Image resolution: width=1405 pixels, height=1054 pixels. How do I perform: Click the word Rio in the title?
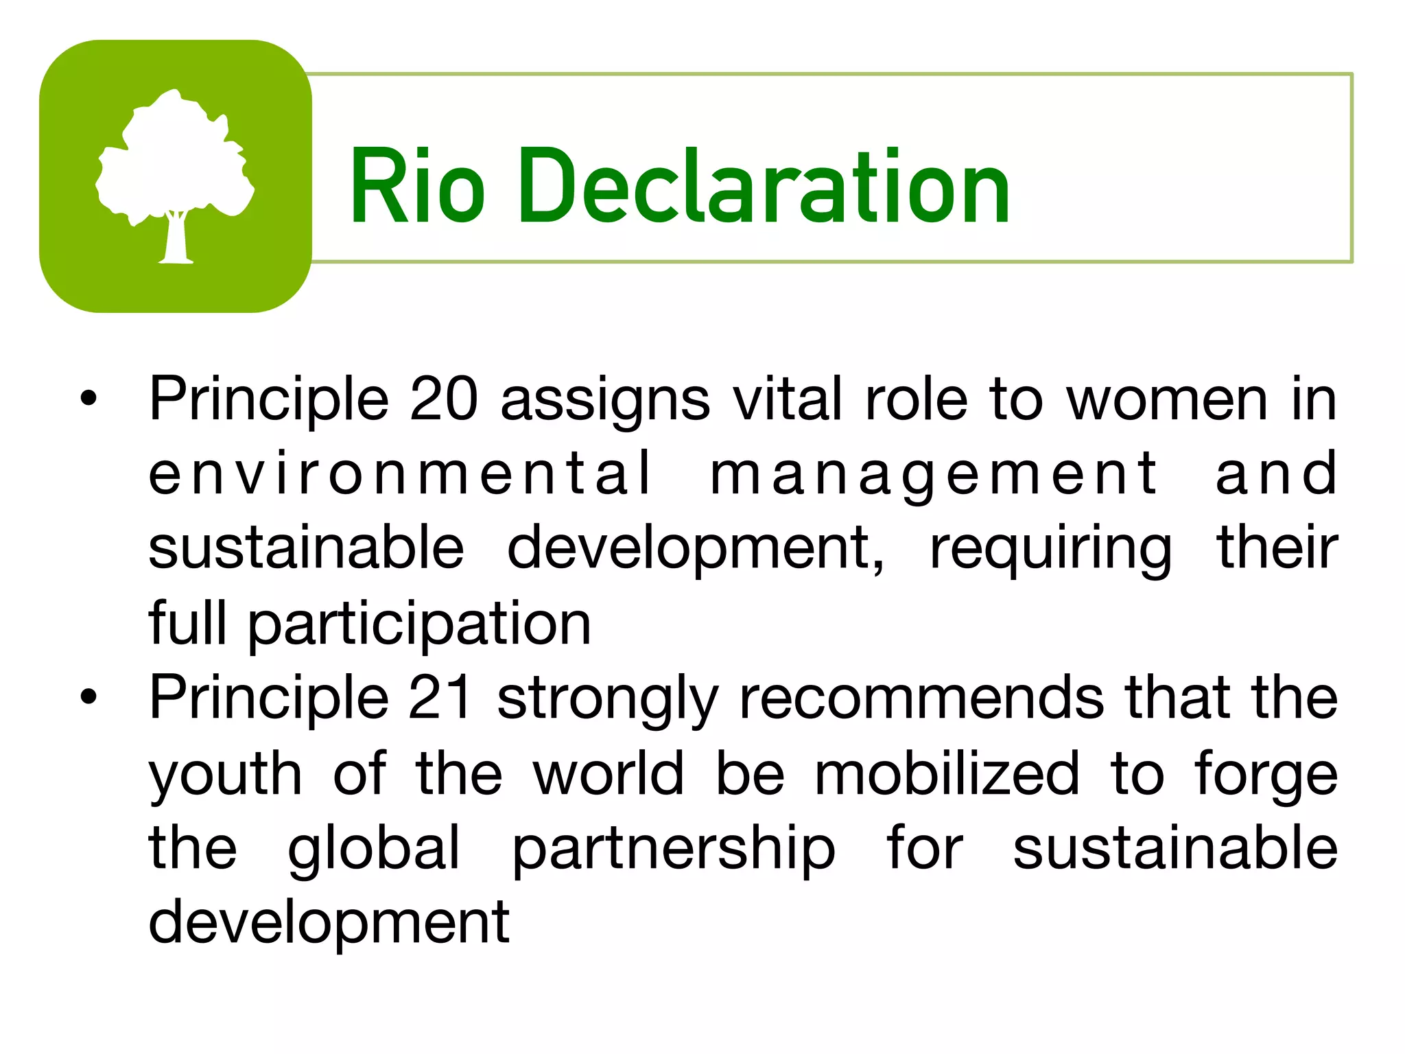click(417, 187)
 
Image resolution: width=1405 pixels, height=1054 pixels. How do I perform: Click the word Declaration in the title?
click(764, 187)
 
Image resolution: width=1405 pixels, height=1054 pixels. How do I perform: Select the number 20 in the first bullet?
click(443, 399)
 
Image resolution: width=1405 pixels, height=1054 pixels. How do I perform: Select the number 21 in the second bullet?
click(440, 698)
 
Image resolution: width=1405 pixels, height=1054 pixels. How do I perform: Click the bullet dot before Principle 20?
click(88, 399)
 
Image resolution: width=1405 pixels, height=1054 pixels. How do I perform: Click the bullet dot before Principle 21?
click(88, 697)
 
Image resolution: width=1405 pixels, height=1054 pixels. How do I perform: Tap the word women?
click(1167, 399)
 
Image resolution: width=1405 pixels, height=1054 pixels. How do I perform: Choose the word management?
click(933, 475)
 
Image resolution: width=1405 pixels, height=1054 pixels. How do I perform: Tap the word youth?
click(225, 775)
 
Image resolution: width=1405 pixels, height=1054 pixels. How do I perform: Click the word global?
click(374, 850)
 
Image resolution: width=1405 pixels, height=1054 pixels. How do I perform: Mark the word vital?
click(788, 399)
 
